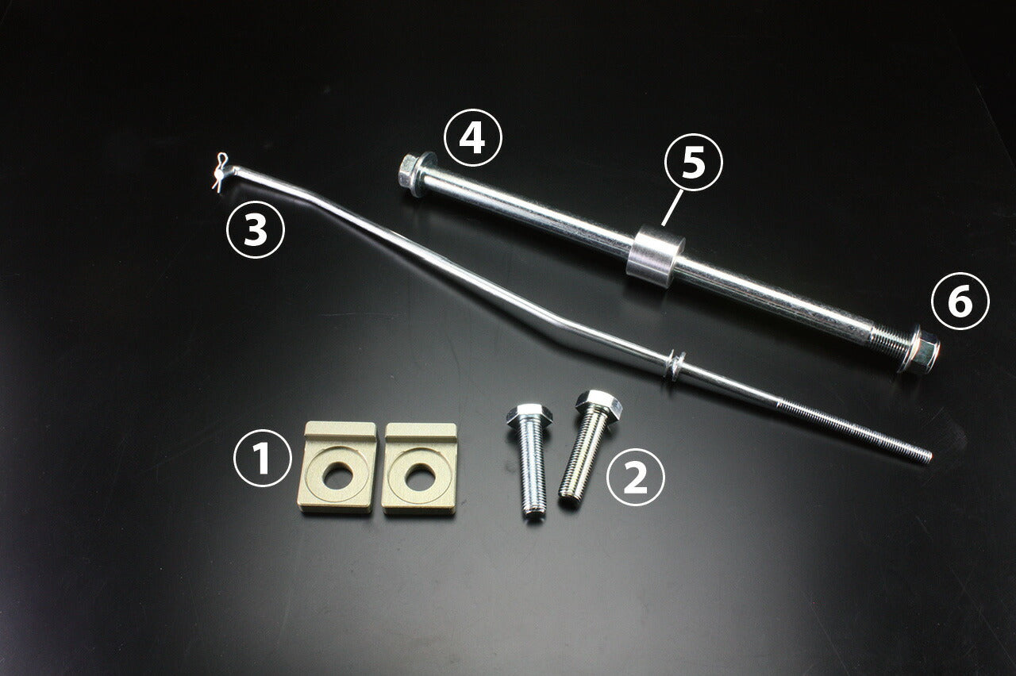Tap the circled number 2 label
(x=635, y=476)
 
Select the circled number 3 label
(x=255, y=230)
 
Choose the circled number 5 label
(x=693, y=163)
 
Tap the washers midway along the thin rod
(x=674, y=365)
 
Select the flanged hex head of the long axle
(x=413, y=167)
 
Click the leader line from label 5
(x=670, y=207)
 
